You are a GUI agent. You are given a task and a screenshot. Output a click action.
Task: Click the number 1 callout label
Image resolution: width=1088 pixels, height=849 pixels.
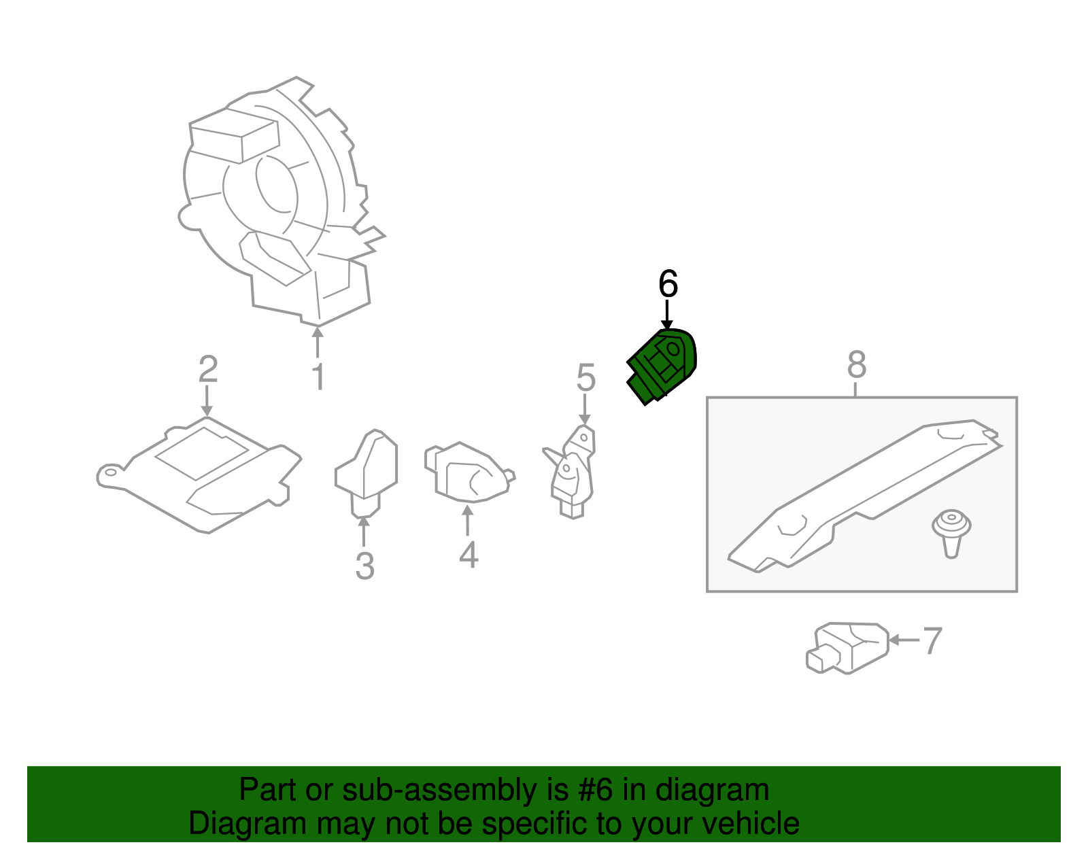click(318, 376)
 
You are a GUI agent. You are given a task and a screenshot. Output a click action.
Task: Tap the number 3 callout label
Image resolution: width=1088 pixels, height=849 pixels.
click(365, 566)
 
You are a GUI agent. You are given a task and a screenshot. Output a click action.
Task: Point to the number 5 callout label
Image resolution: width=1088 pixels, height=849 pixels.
click(585, 377)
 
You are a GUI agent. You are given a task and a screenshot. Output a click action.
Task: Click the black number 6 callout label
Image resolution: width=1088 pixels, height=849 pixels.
click(668, 283)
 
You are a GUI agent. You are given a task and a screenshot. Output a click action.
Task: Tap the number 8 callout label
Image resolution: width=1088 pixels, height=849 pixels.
click(857, 364)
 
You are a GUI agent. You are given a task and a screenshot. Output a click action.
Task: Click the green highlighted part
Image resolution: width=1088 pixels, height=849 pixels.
click(662, 366)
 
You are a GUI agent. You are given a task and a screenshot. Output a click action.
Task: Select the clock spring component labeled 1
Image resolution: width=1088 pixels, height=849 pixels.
click(280, 200)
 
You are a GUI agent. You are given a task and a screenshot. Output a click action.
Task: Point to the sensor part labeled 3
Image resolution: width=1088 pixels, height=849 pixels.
click(366, 473)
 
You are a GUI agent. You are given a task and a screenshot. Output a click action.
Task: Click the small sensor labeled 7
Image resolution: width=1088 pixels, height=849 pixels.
click(847, 648)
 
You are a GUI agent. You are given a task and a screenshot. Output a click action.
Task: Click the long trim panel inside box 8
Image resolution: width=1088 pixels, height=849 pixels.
click(865, 496)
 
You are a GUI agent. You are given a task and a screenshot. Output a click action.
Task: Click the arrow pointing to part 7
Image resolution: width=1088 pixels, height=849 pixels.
click(904, 640)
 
